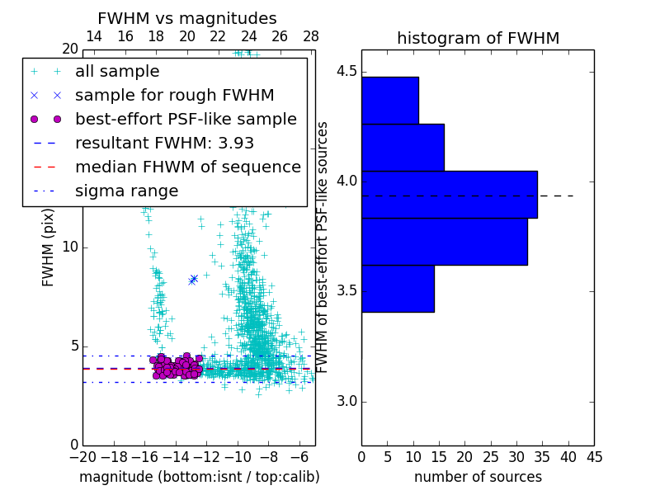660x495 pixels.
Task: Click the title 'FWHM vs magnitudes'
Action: pyautogui.click(x=187, y=19)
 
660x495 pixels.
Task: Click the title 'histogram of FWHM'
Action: pyautogui.click(x=478, y=38)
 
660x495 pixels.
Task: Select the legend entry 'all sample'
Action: pyautogui.click(x=117, y=72)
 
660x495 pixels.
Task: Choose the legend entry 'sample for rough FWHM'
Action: pyautogui.click(x=174, y=95)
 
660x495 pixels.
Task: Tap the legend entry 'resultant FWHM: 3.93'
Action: pyautogui.click(x=164, y=143)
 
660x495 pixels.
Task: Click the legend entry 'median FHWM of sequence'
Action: pyautogui.click(x=187, y=167)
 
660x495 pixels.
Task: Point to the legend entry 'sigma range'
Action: pyautogui.click(x=126, y=191)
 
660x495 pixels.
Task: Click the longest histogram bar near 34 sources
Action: pyautogui.click(x=449, y=195)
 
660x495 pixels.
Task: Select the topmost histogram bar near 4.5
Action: pyautogui.click(x=389, y=100)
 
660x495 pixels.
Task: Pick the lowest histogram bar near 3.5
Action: pyautogui.click(x=398, y=289)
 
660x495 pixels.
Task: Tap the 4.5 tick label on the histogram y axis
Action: pyautogui.click(x=346, y=71)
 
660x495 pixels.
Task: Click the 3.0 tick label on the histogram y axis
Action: pyautogui.click(x=346, y=402)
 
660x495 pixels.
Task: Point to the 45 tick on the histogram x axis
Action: pyautogui.click(x=594, y=455)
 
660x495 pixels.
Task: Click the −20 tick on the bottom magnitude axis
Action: pyautogui.click(x=82, y=455)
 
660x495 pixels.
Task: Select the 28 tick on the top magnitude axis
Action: pyautogui.click(x=311, y=36)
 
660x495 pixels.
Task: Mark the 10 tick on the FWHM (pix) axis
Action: pyautogui.click(x=70, y=247)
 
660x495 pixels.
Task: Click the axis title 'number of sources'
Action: pyautogui.click(x=478, y=477)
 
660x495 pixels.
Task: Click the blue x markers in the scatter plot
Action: pyautogui.click(x=193, y=279)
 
